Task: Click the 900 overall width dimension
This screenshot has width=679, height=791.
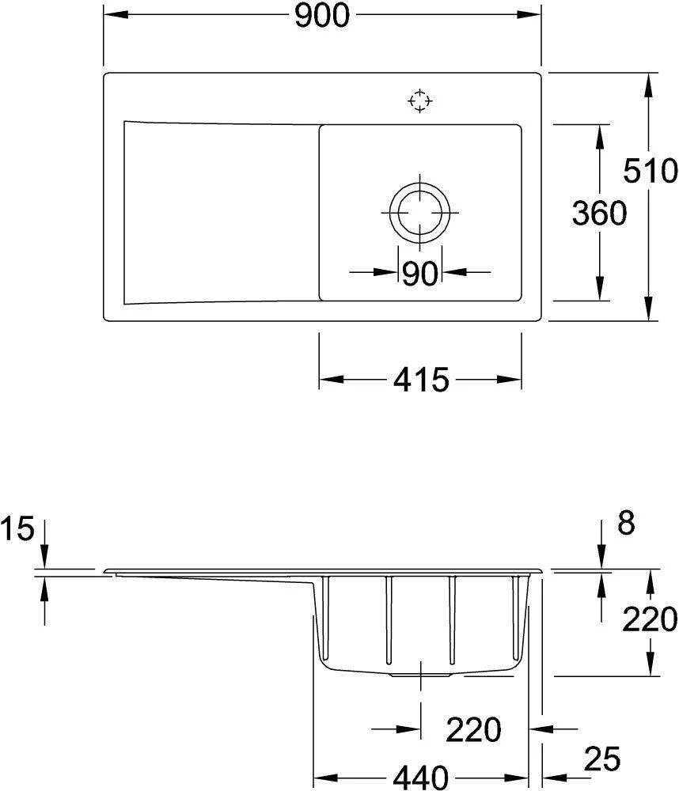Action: point(322,17)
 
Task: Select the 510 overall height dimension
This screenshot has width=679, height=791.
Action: point(649,171)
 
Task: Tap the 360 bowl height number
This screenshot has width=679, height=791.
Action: point(600,213)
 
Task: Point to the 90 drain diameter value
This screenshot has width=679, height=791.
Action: point(420,274)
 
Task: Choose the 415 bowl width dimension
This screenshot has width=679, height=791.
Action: point(420,381)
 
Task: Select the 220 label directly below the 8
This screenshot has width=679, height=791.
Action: point(649,618)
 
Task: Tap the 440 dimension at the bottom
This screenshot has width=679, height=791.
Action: point(420,776)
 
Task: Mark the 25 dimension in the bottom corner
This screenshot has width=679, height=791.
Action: point(602,760)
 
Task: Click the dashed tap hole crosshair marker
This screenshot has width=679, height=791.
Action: point(420,101)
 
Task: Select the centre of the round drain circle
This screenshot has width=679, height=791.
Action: point(420,214)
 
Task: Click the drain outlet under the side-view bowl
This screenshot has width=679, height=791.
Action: point(420,676)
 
